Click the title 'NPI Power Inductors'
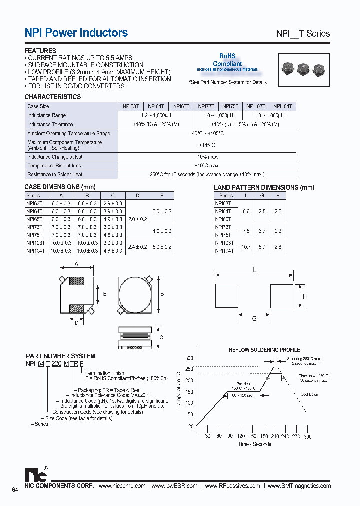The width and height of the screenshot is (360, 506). pos(76,33)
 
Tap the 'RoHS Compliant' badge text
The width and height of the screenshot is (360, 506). pos(227,60)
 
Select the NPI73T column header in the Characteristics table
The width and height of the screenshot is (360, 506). pos(206,106)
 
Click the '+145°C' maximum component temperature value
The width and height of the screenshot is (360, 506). pos(207,145)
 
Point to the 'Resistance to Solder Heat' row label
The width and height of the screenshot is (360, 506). pos(55,174)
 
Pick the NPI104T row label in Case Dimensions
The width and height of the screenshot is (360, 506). pos(36,251)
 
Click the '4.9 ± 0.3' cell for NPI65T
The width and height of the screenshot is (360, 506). pos(113,219)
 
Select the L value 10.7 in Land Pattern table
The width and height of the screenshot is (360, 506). pos(246,247)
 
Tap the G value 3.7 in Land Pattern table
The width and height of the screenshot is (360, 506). pos(262,231)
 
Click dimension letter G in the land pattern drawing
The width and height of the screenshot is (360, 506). pos(254,319)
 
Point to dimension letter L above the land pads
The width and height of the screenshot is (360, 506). pos(254,270)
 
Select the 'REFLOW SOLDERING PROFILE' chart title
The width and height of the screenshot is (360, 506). pos(264,350)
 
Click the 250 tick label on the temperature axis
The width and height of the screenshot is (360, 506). pos(189,369)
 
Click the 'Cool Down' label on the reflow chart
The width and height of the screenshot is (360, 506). pos(310,394)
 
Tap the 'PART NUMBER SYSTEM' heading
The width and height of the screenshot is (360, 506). pos(60,356)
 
